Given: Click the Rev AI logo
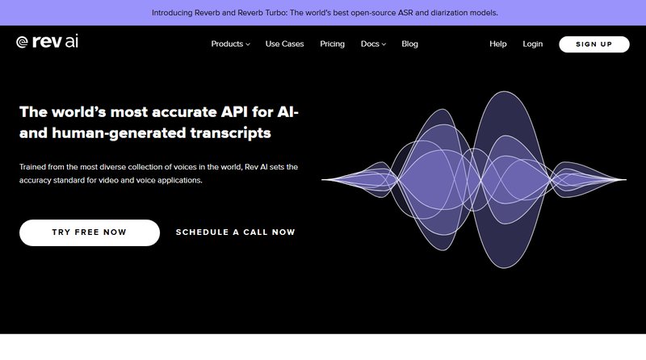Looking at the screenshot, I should (x=47, y=44).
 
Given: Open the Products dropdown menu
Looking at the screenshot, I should (x=230, y=44).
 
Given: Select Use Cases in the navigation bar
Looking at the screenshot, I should (x=284, y=44).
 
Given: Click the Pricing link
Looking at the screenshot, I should (x=332, y=44).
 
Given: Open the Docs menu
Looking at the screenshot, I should (x=373, y=44).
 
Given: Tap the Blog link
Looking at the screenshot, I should (x=409, y=44).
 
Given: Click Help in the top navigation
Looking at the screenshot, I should (x=497, y=44).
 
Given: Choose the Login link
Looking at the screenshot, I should (x=532, y=44).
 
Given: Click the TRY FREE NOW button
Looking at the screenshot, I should (x=90, y=232).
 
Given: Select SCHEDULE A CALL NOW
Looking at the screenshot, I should (x=236, y=232).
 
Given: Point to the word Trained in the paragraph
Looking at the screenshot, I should (x=36, y=167).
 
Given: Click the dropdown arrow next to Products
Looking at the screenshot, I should (x=248, y=44).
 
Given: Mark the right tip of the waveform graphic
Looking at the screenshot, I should (x=626, y=179).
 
